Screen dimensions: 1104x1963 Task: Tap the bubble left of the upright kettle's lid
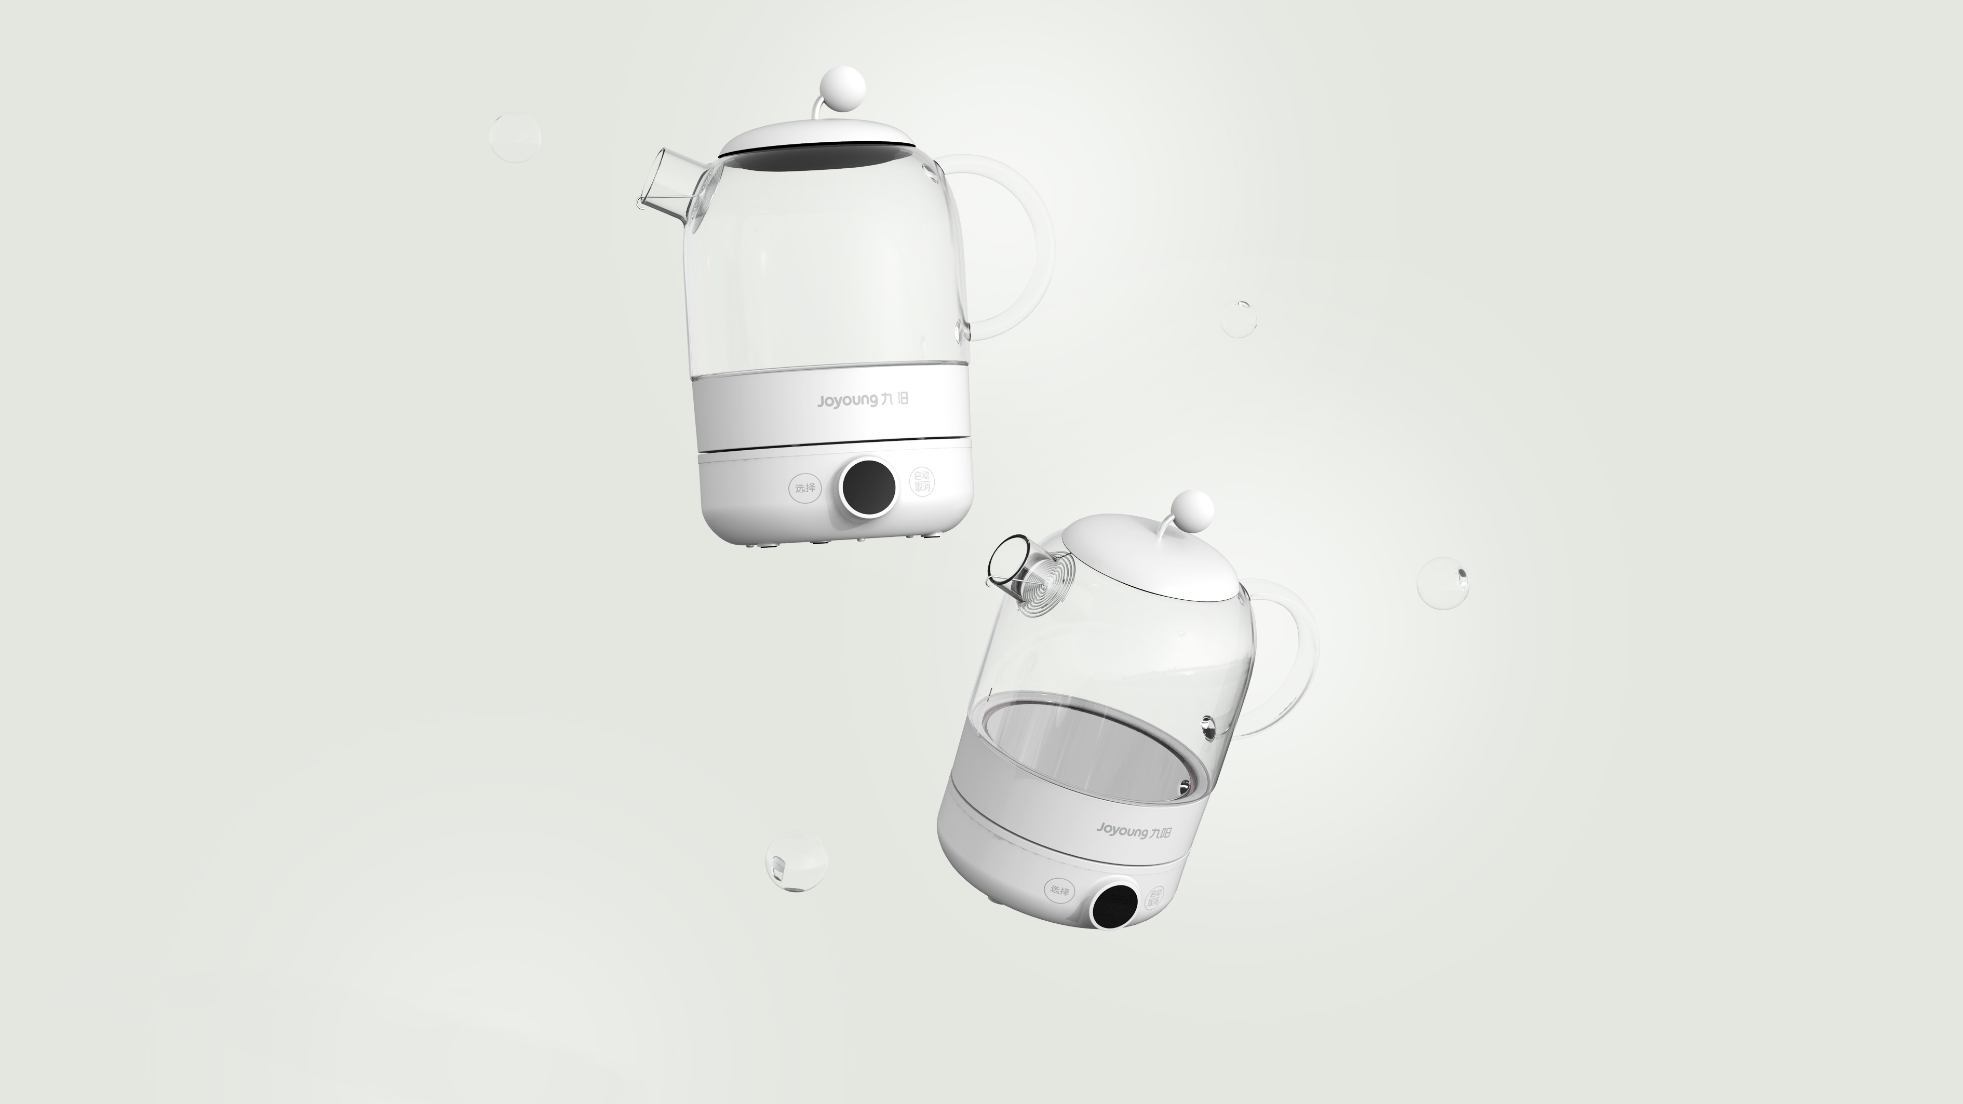tap(514, 137)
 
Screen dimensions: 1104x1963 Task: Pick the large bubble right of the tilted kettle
tap(1442, 582)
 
